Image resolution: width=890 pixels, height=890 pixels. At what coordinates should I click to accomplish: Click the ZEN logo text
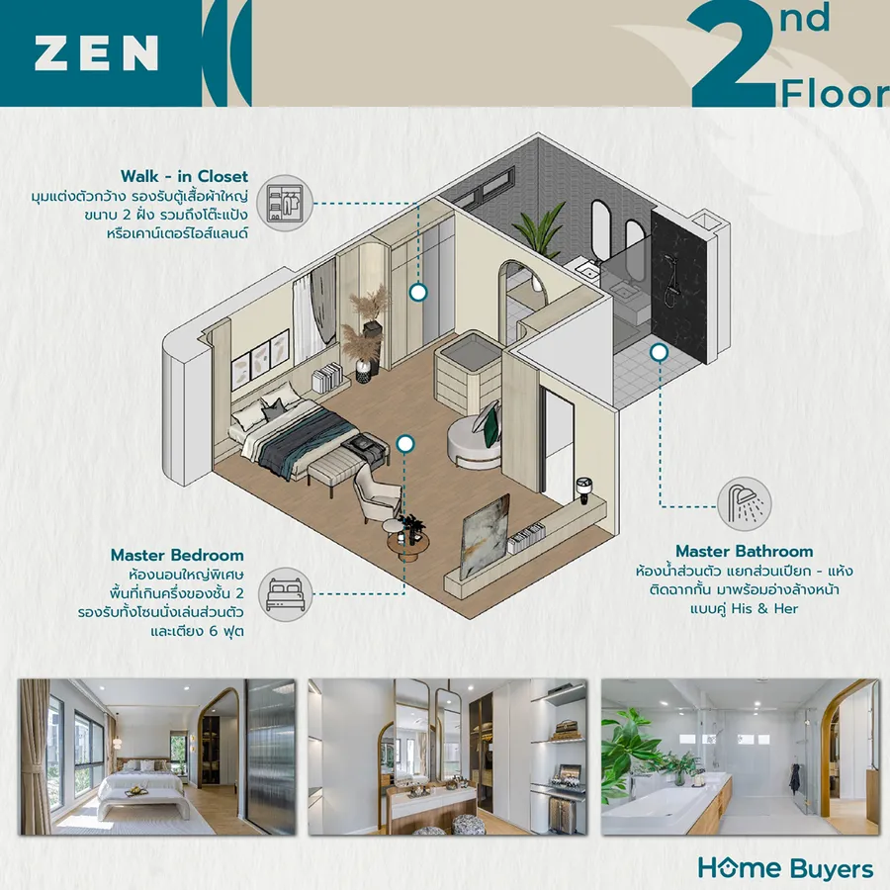tap(96, 53)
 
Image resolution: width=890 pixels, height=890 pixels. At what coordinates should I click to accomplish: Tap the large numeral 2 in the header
tap(732, 54)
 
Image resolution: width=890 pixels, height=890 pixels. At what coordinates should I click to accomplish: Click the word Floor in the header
tap(836, 94)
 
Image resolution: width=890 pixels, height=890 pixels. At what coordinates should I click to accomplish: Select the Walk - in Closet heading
tap(184, 177)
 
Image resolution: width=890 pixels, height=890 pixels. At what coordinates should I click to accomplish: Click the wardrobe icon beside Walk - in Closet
tap(285, 203)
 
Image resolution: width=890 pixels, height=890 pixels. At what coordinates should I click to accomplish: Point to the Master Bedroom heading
tap(177, 555)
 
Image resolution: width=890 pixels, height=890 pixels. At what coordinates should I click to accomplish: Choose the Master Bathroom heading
tap(744, 551)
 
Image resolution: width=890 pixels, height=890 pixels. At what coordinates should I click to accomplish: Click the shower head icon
tap(744, 503)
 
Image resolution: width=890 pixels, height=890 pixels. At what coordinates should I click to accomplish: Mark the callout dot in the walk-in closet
tap(418, 293)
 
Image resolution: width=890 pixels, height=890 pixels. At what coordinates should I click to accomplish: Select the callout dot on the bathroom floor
tap(659, 352)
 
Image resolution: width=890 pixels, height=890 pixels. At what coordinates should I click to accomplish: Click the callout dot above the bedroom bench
tap(404, 444)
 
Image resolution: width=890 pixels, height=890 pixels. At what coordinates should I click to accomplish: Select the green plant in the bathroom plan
tap(539, 229)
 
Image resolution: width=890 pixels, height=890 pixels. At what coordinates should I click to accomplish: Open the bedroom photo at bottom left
tap(158, 756)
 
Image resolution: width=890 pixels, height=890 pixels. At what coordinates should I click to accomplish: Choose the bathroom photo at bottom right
tap(740, 756)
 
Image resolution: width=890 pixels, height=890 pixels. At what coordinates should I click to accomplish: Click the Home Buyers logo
tap(785, 869)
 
